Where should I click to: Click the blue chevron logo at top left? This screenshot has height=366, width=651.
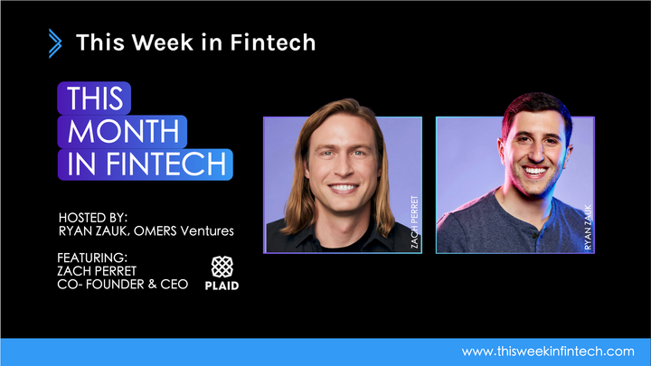pos(56,42)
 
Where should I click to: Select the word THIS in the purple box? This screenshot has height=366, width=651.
pos(94,98)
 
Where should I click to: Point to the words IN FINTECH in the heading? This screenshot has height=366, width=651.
pos(145,164)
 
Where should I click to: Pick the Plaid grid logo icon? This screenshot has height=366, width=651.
pos(222,267)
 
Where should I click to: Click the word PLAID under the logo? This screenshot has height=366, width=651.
pos(222,286)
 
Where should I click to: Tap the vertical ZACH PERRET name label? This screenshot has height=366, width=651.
pos(415,221)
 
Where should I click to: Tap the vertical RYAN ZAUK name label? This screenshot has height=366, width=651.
pos(587,227)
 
